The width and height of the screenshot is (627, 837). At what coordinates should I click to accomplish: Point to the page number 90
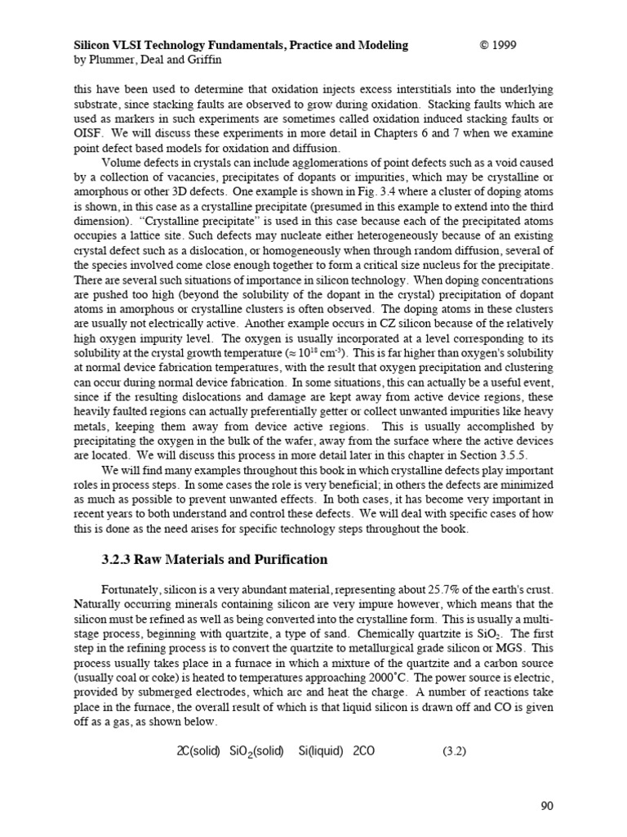(x=547, y=807)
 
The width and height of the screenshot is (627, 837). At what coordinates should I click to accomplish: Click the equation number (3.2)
(x=454, y=750)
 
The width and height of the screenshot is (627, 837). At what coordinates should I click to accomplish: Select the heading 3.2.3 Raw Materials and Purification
(x=214, y=560)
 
